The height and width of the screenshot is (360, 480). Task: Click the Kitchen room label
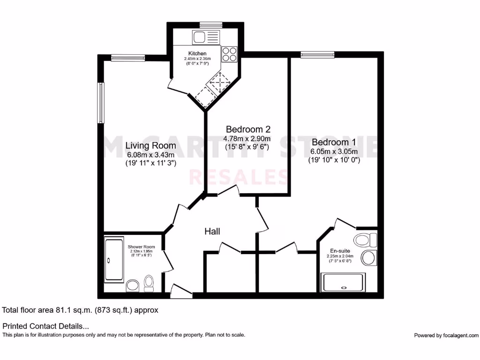[x=197, y=53]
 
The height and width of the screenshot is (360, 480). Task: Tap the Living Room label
[x=150, y=146]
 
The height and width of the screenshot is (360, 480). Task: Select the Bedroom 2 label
[x=248, y=129]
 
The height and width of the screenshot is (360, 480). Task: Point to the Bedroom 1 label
[x=334, y=142]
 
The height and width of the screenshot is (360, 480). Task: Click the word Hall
[x=212, y=232]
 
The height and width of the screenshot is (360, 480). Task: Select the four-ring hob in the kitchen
[x=229, y=54]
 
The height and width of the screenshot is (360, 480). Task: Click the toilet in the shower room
[x=149, y=283]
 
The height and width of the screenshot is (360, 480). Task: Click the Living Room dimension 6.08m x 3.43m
[x=150, y=155]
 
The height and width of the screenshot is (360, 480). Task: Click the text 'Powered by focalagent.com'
[x=446, y=335]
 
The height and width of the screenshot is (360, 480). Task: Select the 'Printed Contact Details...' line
[x=45, y=326]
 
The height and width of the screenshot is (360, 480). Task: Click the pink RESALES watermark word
[x=239, y=177]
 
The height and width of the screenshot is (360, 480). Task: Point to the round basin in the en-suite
[x=368, y=257]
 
